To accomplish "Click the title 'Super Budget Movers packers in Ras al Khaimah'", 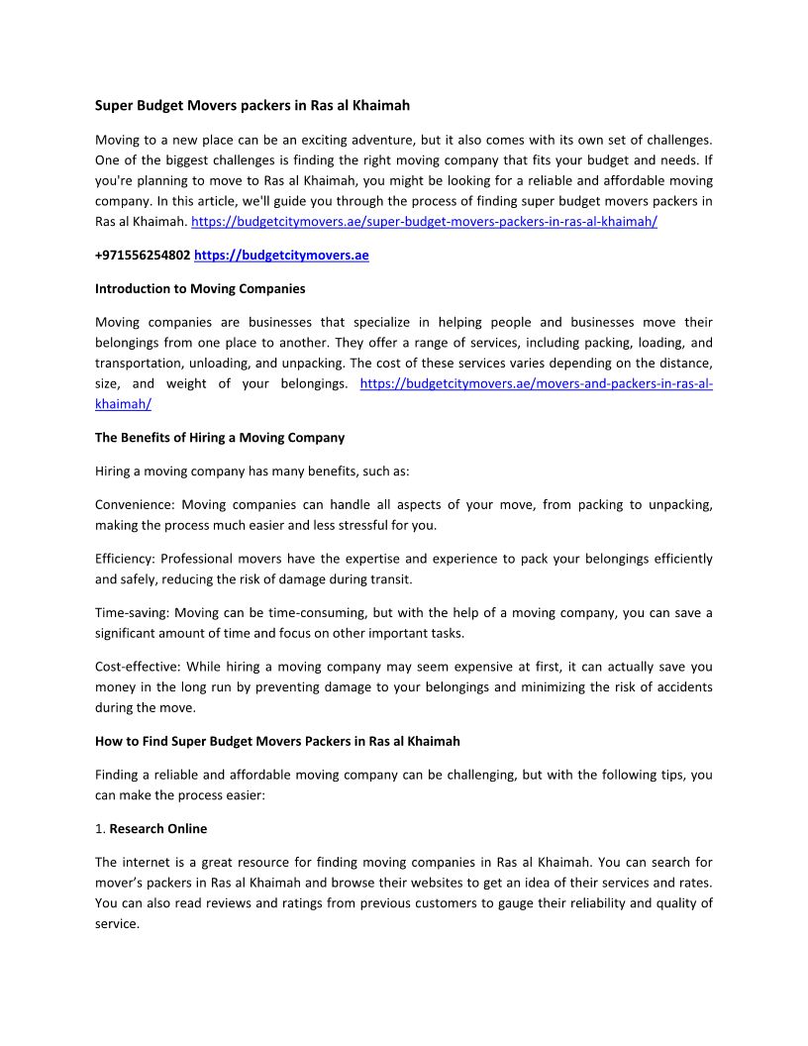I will (x=252, y=104).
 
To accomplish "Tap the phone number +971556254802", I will (x=143, y=256).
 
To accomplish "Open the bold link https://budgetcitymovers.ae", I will (x=281, y=256).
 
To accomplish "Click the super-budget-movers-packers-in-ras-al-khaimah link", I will (x=424, y=222).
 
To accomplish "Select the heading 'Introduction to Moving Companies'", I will (x=200, y=289).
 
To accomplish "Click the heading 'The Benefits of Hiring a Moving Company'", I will (x=220, y=438).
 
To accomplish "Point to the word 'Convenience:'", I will (x=134, y=505).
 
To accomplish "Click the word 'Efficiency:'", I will (x=124, y=559).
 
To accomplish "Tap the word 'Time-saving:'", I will (x=135, y=613).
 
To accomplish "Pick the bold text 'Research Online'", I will (x=158, y=828).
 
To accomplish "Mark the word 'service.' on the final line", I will (x=117, y=923).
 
